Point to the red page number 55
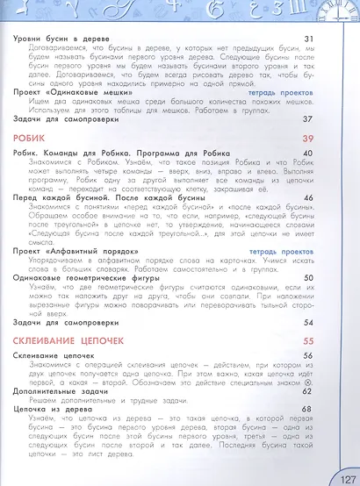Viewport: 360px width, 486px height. click(x=307, y=339)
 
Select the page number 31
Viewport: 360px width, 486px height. click(x=308, y=39)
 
